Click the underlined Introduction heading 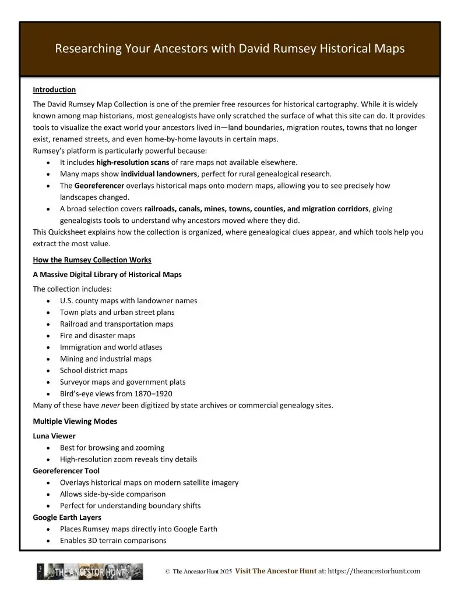click(x=54, y=90)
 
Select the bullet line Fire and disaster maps click(x=97, y=335)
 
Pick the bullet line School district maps click(x=93, y=370)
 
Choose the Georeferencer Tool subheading click(x=66, y=470)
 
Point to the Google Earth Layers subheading click(x=66, y=517)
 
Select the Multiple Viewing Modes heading click(x=75, y=421)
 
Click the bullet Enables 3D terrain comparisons click(x=113, y=540)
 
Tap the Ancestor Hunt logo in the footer click(x=90, y=572)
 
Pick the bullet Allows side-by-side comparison click(x=112, y=494)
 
